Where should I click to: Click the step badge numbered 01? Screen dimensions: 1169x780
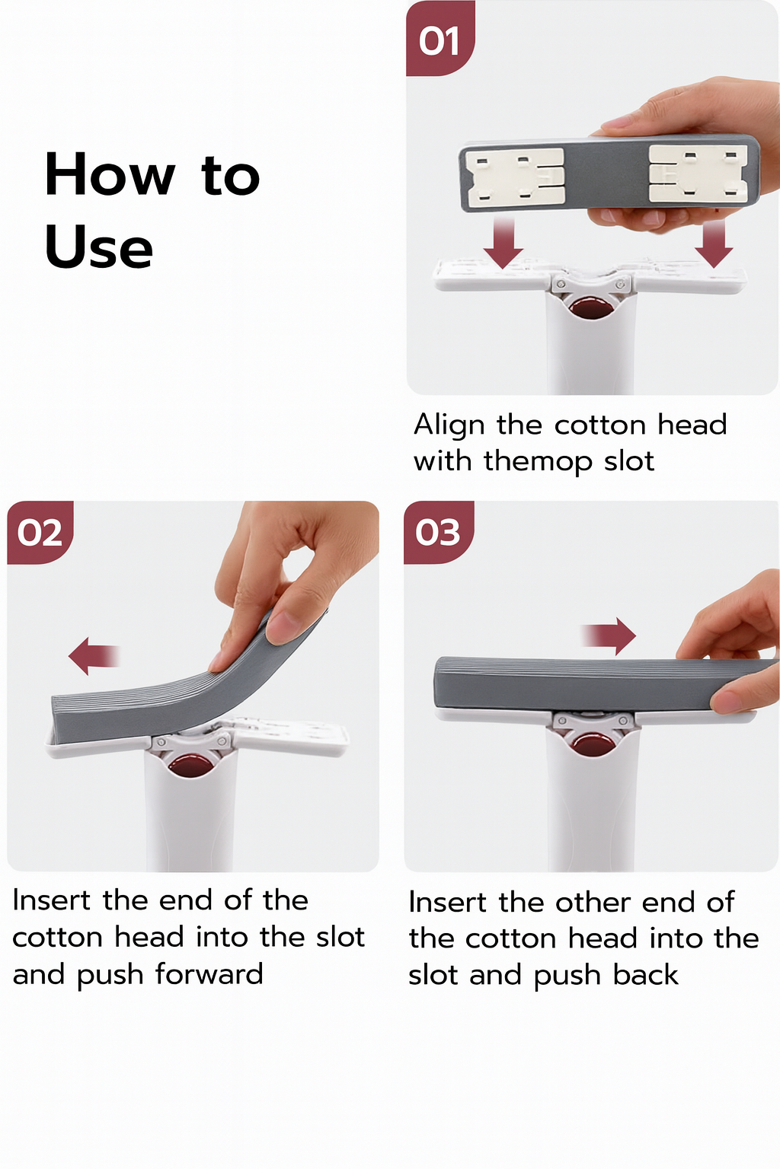coord(440,40)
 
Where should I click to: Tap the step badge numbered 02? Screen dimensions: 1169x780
coord(40,532)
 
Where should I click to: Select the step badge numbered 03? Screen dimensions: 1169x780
coord(438,532)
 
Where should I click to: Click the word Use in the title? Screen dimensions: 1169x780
coord(99,248)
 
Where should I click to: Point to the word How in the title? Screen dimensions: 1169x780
coord(110,175)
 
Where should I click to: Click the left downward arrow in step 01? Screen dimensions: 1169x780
coord(503,242)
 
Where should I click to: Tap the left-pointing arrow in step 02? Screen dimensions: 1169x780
coord(94,655)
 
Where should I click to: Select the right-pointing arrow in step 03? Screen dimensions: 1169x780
coord(609,635)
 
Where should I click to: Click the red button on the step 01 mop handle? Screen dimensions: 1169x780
coord(590,308)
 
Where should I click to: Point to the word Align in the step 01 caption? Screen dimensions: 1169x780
coord(449,425)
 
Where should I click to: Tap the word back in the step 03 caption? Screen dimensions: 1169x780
coord(645,975)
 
